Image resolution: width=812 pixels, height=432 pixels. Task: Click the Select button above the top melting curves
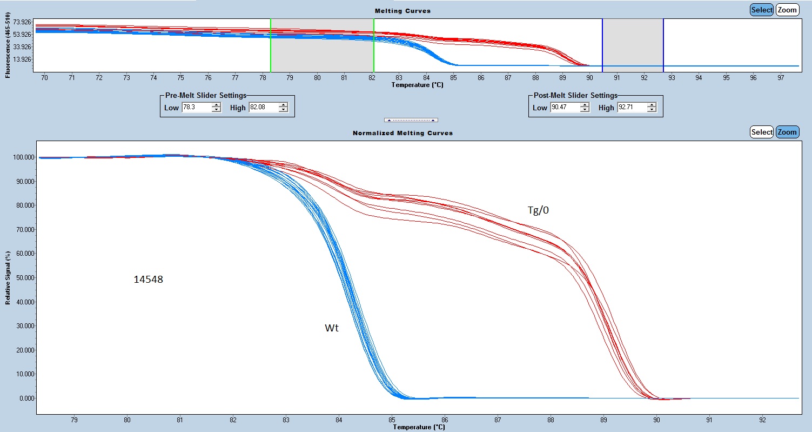click(x=762, y=10)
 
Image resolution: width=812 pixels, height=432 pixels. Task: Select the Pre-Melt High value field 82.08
click(x=262, y=108)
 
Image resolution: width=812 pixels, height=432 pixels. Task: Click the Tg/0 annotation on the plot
click(x=538, y=211)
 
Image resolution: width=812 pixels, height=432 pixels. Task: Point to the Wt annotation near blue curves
click(x=332, y=328)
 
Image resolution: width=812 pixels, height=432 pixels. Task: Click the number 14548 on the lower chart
click(x=149, y=280)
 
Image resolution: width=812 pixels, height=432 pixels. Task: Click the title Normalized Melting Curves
click(x=402, y=132)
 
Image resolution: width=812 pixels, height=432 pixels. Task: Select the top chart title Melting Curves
click(x=402, y=11)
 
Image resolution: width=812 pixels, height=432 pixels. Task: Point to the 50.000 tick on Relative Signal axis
click(x=23, y=278)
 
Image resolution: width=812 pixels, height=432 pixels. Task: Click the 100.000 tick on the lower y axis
click(x=22, y=157)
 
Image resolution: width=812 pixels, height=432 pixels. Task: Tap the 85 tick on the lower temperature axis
click(x=392, y=419)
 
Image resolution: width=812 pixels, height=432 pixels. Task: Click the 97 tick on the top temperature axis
click(x=781, y=78)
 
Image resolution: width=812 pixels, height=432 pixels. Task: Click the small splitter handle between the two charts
click(x=411, y=120)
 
